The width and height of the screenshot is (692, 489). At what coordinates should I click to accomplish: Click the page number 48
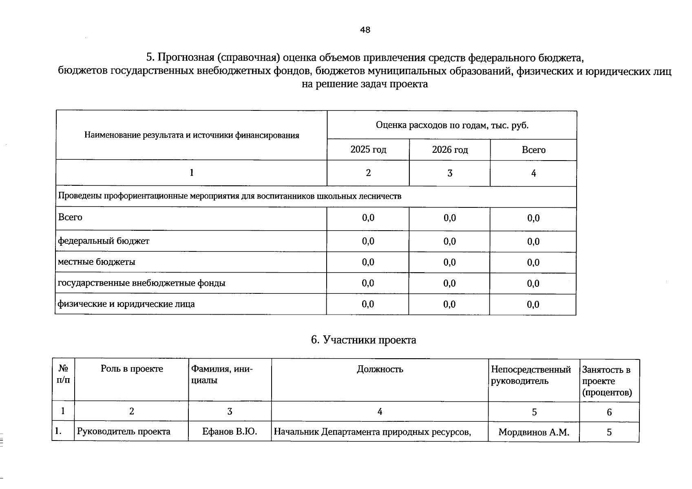[365, 30]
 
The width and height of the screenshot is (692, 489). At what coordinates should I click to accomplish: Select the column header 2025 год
[368, 150]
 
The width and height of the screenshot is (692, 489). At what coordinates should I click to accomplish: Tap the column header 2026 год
[450, 150]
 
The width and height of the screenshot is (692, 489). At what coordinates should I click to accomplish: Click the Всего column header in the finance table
[533, 150]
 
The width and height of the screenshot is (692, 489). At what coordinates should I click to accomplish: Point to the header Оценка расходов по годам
[452, 125]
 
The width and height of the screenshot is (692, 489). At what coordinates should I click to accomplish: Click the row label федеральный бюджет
[104, 241]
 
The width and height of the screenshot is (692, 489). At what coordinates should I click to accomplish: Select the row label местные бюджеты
[97, 262]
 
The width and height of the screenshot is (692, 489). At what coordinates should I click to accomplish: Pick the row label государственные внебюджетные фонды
[141, 283]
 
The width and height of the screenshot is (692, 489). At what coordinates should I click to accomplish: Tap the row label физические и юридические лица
[126, 304]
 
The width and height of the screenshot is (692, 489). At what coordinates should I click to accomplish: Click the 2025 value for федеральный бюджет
[368, 241]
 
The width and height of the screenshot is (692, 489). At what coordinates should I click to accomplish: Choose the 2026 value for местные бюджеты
[450, 262]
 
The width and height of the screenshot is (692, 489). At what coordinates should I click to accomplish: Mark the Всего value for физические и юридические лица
[533, 304]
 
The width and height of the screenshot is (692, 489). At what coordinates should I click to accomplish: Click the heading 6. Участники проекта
[363, 340]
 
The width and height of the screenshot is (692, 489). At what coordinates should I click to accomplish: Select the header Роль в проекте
[132, 369]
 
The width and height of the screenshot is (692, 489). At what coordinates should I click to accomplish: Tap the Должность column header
[380, 369]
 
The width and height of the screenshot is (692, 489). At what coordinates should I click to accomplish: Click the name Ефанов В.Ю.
[230, 432]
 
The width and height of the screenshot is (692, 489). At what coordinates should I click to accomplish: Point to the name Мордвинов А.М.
[533, 432]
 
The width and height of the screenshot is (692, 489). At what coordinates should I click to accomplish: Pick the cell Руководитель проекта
[124, 432]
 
